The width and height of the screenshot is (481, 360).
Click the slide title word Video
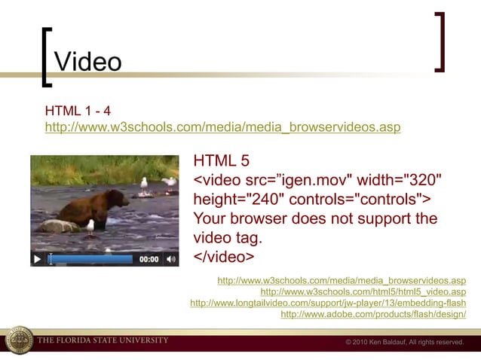89,61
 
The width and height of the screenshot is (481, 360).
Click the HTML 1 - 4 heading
78,111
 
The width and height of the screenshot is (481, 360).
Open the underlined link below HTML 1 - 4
222,127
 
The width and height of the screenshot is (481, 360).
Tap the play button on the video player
37,259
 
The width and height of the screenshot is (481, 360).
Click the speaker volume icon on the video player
171,259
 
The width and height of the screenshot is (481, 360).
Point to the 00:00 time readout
149,259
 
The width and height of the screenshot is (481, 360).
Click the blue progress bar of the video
90,259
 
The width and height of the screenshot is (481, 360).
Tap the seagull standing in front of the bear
89,225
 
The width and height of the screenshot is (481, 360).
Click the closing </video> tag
224,258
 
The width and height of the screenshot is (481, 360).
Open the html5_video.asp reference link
363,291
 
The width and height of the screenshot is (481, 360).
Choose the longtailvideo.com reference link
328,303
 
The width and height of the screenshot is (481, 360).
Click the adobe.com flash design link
373,314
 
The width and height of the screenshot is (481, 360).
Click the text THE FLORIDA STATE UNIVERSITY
103,340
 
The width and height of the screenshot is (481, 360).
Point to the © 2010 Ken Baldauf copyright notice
404,342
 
